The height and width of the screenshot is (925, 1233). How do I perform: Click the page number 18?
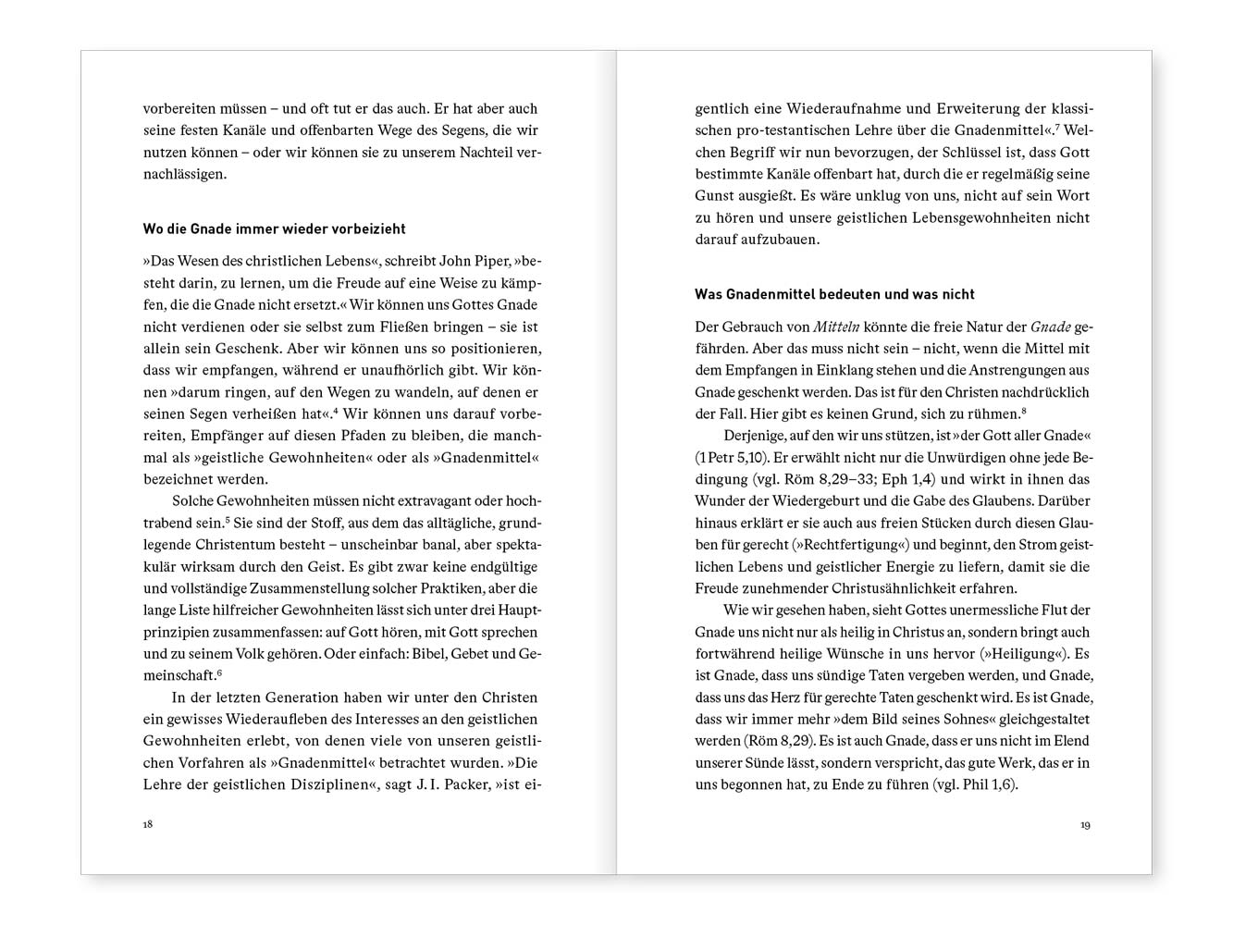(148, 824)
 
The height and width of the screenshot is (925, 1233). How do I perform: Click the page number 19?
(1085, 825)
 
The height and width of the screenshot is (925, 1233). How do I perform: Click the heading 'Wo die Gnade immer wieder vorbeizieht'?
(274, 228)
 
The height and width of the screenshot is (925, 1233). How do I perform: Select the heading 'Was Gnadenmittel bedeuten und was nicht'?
(834, 294)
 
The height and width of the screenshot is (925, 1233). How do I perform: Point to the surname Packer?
(464, 785)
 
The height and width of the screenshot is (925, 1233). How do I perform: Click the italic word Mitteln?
(836, 327)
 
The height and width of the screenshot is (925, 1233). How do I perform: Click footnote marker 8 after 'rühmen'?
(1026, 410)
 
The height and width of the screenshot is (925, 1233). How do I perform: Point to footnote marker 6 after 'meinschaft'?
(218, 672)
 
